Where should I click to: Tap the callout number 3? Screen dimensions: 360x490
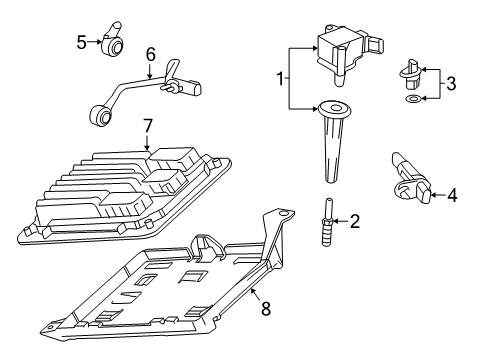(x=451, y=85)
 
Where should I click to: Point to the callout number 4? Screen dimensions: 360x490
(x=451, y=196)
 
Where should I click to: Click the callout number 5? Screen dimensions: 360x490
(x=81, y=41)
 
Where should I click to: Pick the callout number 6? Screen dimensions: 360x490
(x=150, y=53)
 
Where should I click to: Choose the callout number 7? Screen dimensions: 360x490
(x=147, y=126)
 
